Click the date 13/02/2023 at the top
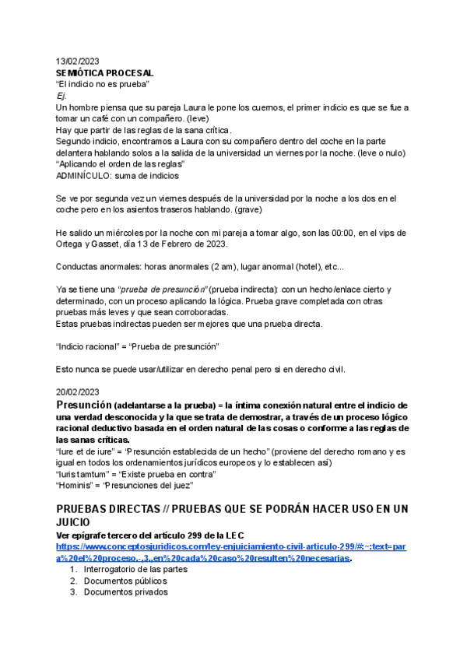click(x=78, y=61)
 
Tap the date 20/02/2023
click(x=78, y=391)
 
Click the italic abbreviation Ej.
click(x=61, y=96)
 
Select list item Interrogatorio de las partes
click(x=135, y=569)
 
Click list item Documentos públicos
click(x=125, y=581)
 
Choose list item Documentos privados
click(x=125, y=592)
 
